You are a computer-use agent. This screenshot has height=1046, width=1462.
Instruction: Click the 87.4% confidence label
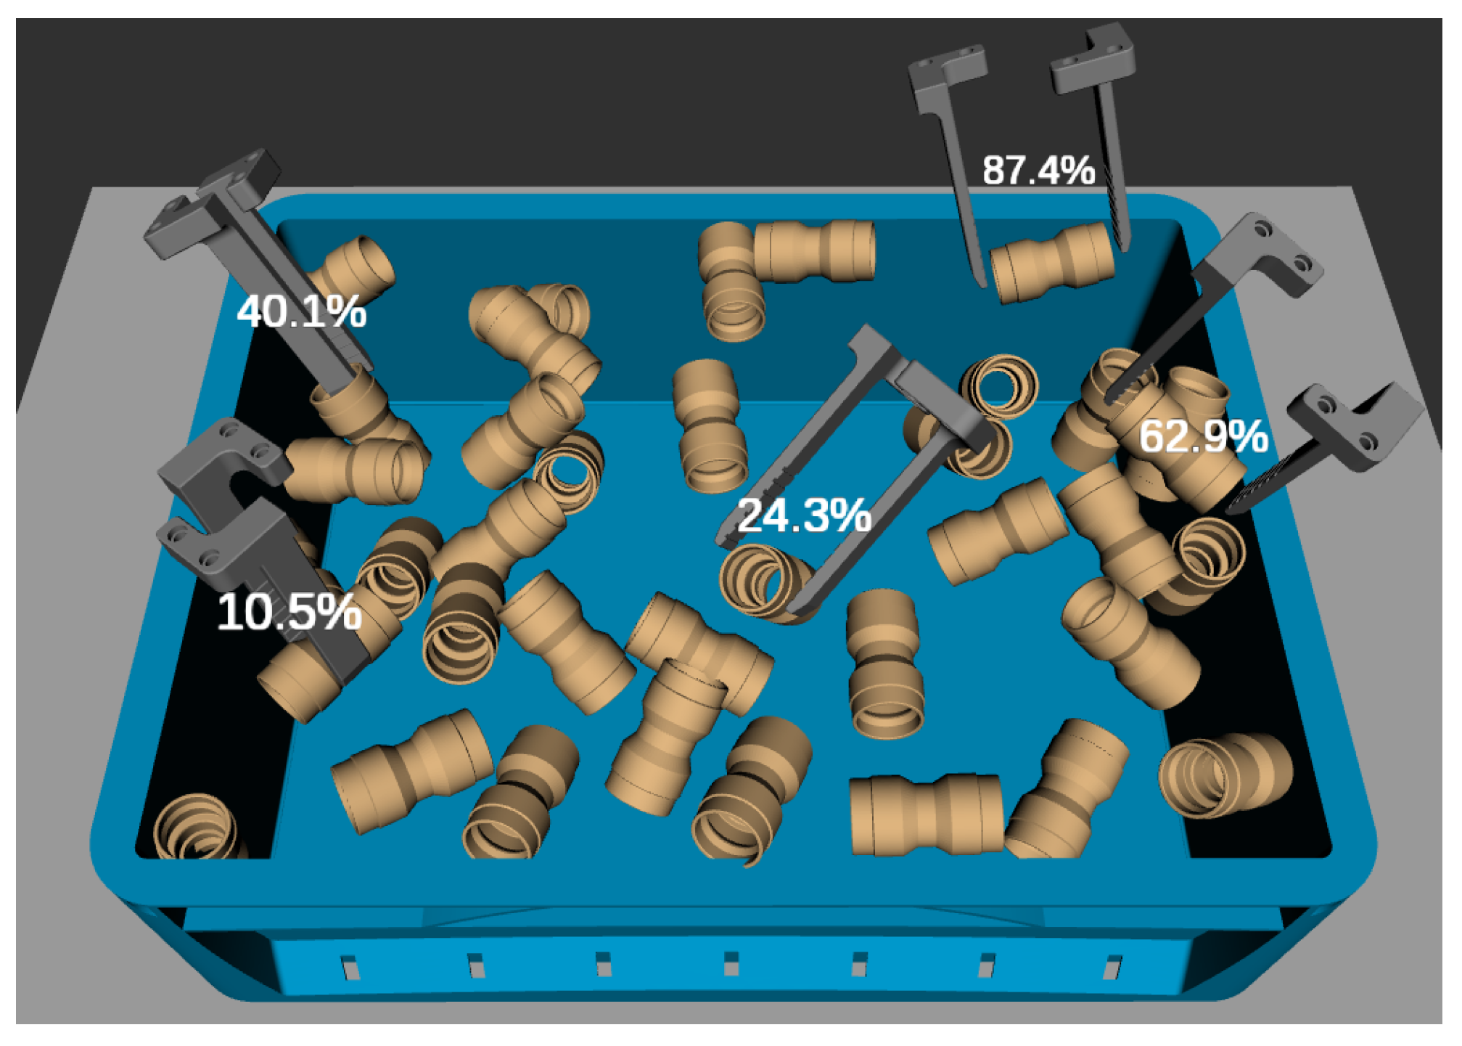click(x=1038, y=171)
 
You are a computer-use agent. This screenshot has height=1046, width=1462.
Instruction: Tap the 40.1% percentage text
click(x=301, y=311)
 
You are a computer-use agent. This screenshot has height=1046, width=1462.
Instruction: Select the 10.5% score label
click(x=289, y=612)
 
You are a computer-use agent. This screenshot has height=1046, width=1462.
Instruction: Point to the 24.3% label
click(x=804, y=515)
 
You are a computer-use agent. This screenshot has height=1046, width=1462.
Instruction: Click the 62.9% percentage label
click(x=1203, y=436)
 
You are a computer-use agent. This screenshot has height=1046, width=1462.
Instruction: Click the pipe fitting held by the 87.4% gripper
click(x=1052, y=263)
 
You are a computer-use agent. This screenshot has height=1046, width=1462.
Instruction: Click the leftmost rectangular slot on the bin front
click(x=350, y=967)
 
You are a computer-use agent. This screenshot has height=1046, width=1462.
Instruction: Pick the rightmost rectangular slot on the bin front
click(x=1113, y=967)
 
